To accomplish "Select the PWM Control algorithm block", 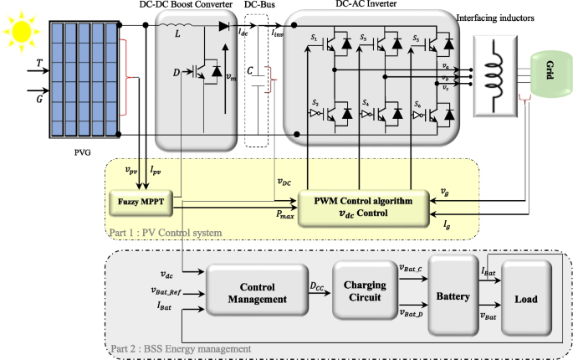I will click(362, 206).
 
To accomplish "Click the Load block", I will click(525, 298).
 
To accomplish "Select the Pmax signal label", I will click(287, 214).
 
